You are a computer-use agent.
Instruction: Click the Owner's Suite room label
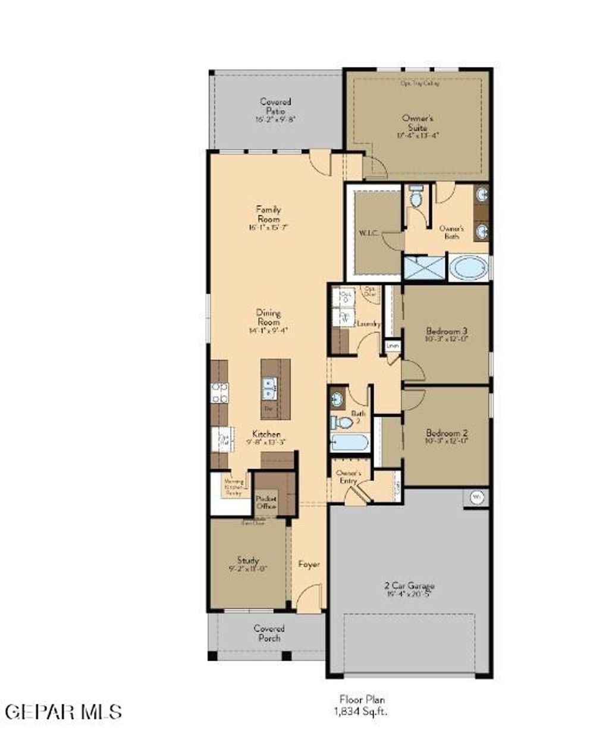(x=417, y=126)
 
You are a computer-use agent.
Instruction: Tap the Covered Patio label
(x=275, y=110)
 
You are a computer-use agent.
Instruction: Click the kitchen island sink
(x=269, y=389)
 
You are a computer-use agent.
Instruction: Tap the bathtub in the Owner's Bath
(x=469, y=268)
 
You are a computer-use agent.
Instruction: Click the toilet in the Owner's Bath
(x=416, y=197)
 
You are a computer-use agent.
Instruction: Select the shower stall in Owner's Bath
(x=424, y=268)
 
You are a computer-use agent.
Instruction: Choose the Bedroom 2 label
(x=447, y=436)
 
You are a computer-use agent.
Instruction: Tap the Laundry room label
(x=369, y=324)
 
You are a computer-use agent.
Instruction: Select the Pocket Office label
(x=266, y=502)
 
